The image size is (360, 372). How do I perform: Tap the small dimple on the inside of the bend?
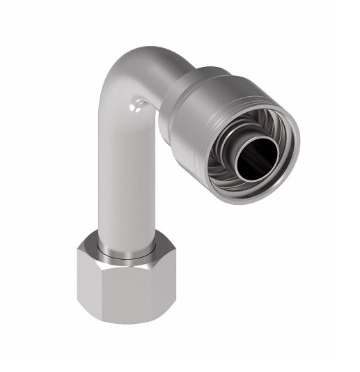[141, 104]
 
